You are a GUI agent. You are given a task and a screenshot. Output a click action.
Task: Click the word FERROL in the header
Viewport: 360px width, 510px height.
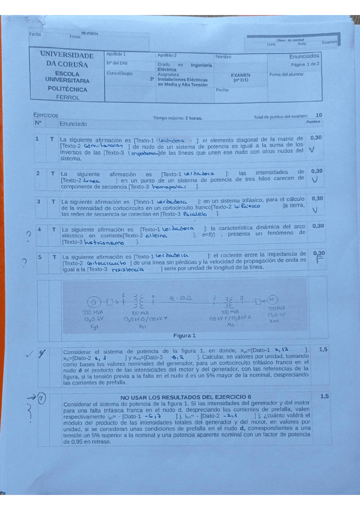(67, 97)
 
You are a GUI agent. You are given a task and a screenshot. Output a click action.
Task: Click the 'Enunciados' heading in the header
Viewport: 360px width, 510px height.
(305, 55)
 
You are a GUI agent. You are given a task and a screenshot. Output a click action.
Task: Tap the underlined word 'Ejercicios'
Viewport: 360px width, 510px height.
(46, 114)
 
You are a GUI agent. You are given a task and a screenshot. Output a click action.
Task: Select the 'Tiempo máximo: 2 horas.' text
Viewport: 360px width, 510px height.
(178, 118)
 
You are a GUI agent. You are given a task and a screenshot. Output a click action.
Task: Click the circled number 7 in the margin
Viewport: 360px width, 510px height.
(41, 399)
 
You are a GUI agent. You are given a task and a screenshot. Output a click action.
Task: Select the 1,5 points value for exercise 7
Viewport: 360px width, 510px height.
(325, 397)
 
